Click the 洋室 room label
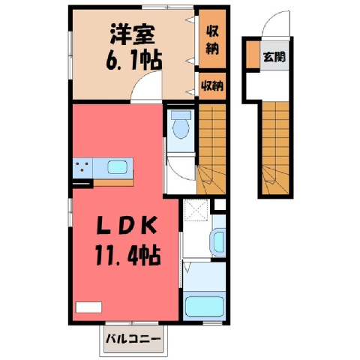[133, 34]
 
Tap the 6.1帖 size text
[133, 61]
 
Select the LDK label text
[127, 226]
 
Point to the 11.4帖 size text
[127, 255]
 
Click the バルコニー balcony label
[133, 339]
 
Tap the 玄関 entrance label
[274, 57]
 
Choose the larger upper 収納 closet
[212, 39]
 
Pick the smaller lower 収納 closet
[212, 86]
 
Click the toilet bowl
[181, 125]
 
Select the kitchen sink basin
[118, 167]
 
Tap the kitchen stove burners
[82, 167]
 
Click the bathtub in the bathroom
[204, 307]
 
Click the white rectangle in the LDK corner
[88, 307]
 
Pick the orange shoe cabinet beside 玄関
[253, 55]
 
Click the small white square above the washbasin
[220, 205]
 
